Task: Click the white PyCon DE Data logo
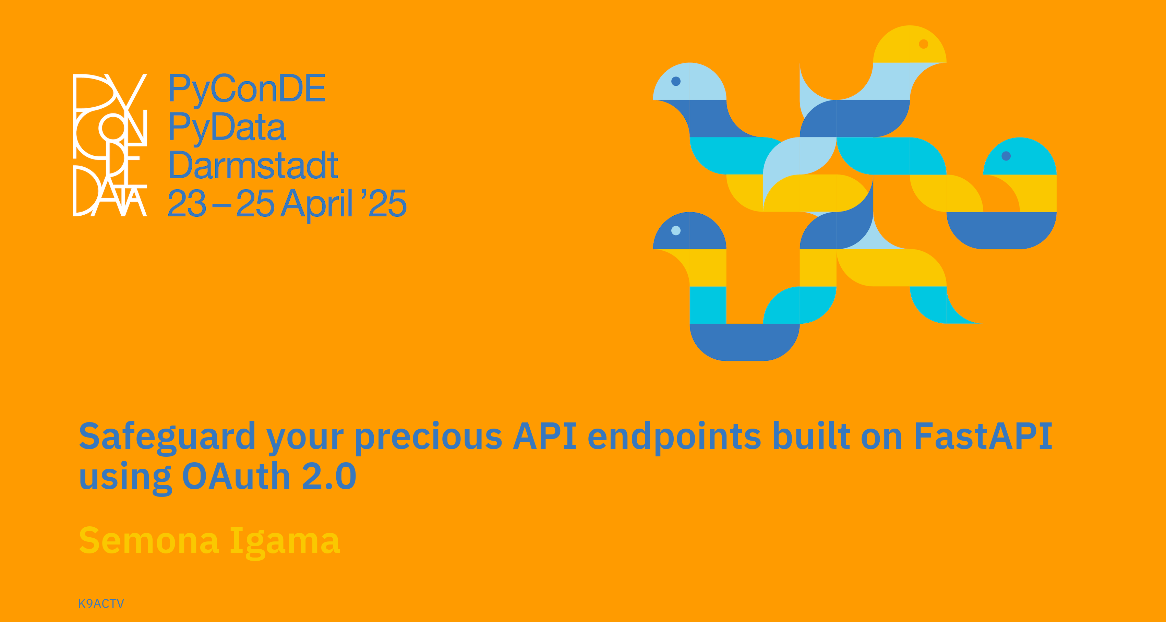coord(110,145)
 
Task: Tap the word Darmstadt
coord(253,165)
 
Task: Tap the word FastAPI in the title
coord(983,436)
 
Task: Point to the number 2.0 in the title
coord(329,476)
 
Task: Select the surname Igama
coord(285,542)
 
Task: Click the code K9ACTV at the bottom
coord(101,603)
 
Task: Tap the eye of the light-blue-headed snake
coord(676,81)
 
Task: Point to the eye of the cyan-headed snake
coord(1006,156)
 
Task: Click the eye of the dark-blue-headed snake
coord(676,230)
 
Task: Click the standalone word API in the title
coord(545,436)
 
